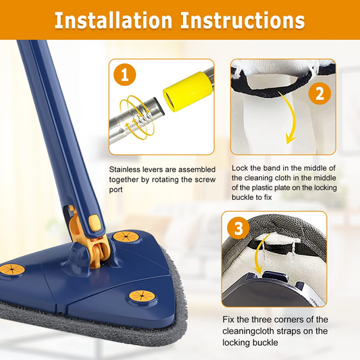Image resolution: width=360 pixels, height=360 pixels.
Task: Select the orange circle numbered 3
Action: pyautogui.click(x=237, y=228)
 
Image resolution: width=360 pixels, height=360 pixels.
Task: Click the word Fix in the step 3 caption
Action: pyautogui.click(x=229, y=319)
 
